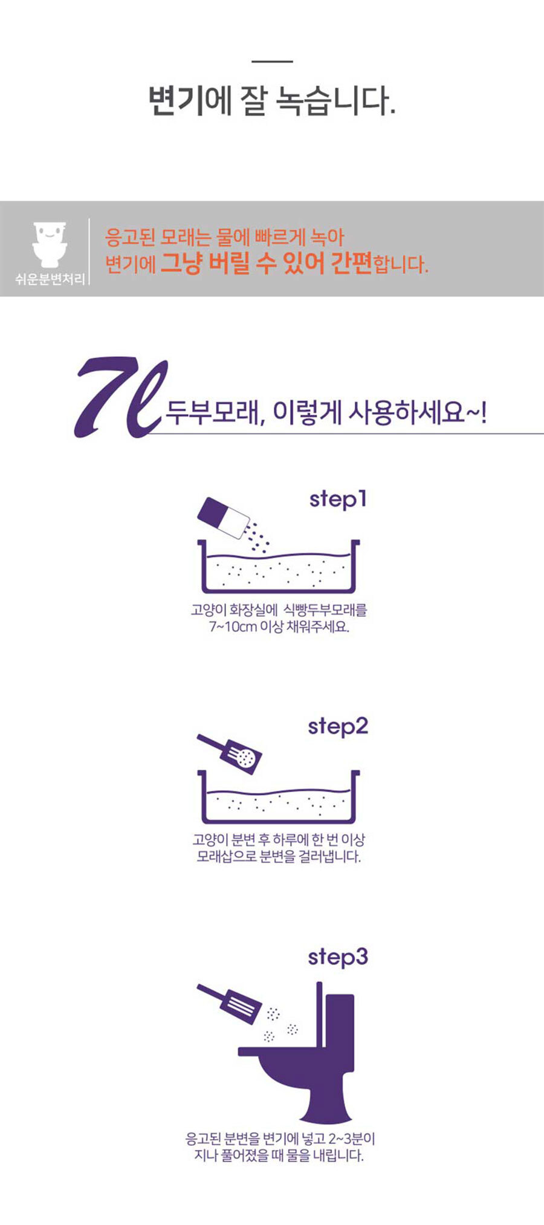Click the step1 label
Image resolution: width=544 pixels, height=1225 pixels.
pyautogui.click(x=338, y=500)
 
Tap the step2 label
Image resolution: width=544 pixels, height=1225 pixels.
pyautogui.click(x=338, y=727)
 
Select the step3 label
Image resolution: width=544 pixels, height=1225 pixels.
pyautogui.click(x=338, y=958)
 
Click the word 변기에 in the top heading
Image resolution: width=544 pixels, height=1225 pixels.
pyautogui.click(x=189, y=101)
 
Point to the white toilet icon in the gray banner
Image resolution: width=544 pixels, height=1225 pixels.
pyautogui.click(x=50, y=245)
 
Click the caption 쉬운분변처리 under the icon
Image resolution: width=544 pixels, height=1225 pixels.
pyautogui.click(x=50, y=279)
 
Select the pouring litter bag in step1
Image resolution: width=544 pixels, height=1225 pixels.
pyautogui.click(x=223, y=518)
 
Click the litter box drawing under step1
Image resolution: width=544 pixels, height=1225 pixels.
pyautogui.click(x=279, y=568)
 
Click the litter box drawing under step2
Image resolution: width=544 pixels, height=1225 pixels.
pyautogui.click(x=279, y=798)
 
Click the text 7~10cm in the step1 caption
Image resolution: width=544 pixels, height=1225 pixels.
pyautogui.click(x=233, y=626)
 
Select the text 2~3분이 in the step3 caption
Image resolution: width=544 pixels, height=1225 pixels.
pyautogui.click(x=351, y=1139)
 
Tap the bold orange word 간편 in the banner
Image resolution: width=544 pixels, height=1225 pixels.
pyautogui.click(x=351, y=264)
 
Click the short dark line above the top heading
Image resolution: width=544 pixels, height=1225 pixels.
pyautogui.click(x=272, y=61)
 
